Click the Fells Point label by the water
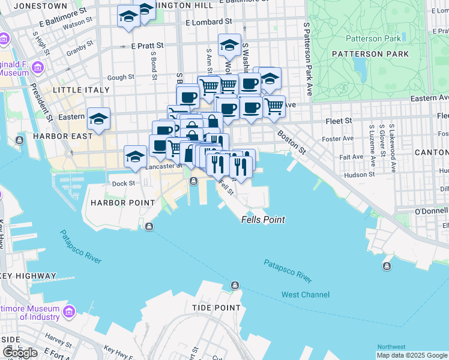[263, 220]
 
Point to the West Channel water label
[306, 295]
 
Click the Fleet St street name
[339, 121]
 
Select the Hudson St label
[361, 175]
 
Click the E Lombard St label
[209, 22]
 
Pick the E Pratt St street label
[147, 46]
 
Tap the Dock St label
[123, 184]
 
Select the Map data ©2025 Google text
[411, 355]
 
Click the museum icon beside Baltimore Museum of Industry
[68, 312]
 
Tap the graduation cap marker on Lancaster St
[136, 157]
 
